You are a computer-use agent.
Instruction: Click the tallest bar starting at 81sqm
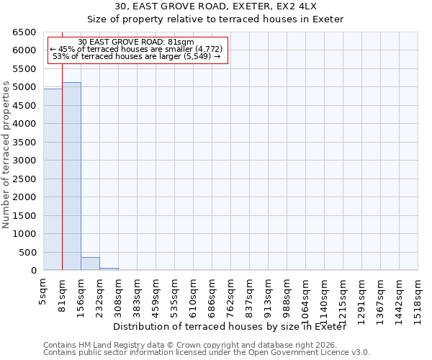pyautogui.click(x=71, y=176)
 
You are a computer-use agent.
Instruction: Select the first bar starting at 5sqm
pyautogui.click(x=53, y=179)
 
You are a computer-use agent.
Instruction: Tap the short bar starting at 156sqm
pyautogui.click(x=90, y=264)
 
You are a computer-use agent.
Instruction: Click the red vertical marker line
pyautogui.click(x=63, y=166)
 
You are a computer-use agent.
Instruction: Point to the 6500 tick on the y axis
pyautogui.click(x=24, y=32)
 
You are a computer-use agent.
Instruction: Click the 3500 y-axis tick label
pyautogui.click(x=24, y=143)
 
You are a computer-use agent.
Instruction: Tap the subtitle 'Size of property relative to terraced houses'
pyautogui.click(x=216, y=19)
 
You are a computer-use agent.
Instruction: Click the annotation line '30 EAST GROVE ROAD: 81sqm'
pyautogui.click(x=136, y=42)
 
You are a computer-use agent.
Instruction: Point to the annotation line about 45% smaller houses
pyautogui.click(x=136, y=49)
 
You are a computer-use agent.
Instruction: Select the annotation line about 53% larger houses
pyautogui.click(x=136, y=56)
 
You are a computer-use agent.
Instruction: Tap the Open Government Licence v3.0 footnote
pyautogui.click(x=207, y=353)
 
